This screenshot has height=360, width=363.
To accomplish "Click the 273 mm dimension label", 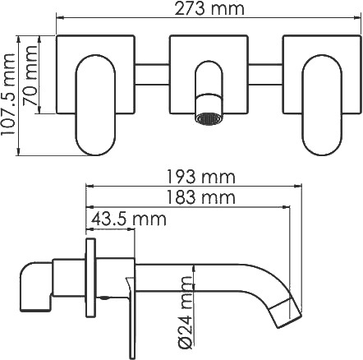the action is click(x=209, y=8).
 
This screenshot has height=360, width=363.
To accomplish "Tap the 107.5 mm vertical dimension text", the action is click(x=8, y=95).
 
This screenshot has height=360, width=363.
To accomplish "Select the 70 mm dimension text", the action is click(x=30, y=76).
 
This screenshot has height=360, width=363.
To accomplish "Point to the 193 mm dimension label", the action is click(x=201, y=177).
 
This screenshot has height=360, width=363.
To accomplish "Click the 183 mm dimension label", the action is click(x=201, y=197).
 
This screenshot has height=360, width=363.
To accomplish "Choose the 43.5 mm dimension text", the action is click(x=129, y=219).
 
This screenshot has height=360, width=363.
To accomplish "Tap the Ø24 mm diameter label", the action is click(x=186, y=312).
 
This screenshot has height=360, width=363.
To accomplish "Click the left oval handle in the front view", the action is click(x=95, y=105).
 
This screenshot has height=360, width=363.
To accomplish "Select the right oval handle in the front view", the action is click(x=322, y=105).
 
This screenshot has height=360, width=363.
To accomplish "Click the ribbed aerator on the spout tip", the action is click(x=209, y=119).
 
